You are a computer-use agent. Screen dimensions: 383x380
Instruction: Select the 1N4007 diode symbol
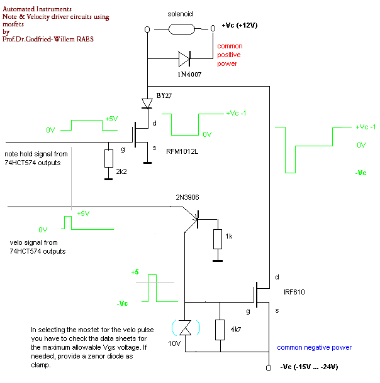[184, 60]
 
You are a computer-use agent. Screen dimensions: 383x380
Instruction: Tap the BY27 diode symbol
[147, 102]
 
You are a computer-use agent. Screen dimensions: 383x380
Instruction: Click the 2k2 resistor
[108, 159]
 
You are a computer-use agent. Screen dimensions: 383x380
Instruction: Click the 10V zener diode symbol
[184, 327]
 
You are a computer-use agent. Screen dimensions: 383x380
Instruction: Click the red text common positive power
[230, 55]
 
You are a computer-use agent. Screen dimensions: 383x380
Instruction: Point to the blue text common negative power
[314, 347]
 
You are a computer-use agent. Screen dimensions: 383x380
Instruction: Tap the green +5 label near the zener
[135, 272]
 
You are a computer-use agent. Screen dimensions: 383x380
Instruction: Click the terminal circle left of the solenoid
[147, 30]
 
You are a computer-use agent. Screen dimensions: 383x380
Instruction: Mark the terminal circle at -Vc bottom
[269, 367]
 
